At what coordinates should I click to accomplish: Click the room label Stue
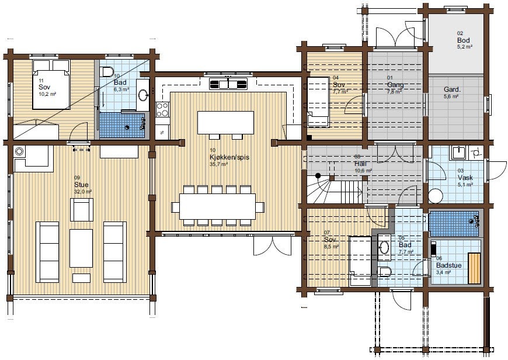point(81,185)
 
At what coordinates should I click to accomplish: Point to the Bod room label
point(464,40)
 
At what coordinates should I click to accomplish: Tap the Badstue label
point(448,265)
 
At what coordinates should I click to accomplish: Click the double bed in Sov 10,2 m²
point(50,84)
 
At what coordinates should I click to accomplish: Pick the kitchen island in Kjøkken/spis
point(226,123)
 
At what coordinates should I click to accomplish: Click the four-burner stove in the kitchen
point(162,109)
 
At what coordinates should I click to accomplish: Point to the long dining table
point(217,206)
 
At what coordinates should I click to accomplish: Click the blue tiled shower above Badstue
point(454,223)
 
